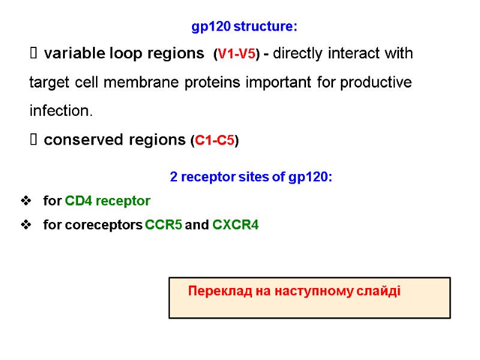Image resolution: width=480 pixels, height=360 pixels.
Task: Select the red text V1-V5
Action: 237,55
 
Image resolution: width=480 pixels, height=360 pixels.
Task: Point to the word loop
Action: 124,54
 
